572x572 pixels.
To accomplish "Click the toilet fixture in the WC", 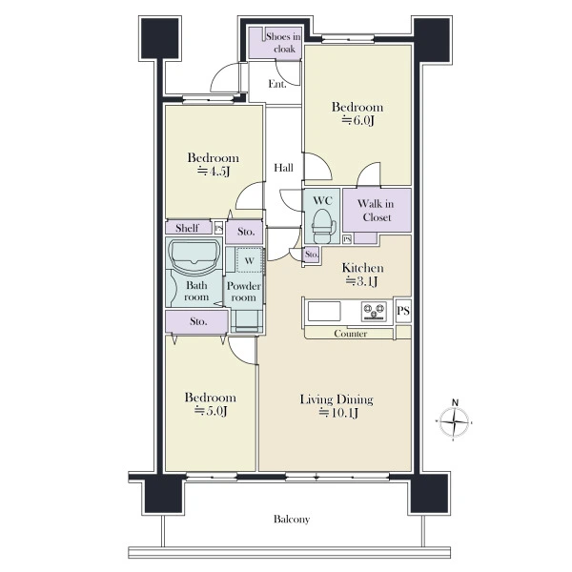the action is click(x=322, y=227).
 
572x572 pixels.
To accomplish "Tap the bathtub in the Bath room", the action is click(x=194, y=256).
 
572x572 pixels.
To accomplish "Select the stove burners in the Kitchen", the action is click(x=374, y=312).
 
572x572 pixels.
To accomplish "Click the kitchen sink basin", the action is click(x=324, y=311).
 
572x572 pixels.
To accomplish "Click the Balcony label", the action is click(x=292, y=520).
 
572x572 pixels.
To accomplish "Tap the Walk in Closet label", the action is click(x=376, y=211).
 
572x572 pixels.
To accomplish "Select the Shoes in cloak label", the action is click(x=283, y=42).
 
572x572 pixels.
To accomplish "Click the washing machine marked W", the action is click(x=249, y=260).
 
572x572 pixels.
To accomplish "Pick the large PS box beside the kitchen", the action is click(x=403, y=311).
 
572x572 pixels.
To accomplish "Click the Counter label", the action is click(x=350, y=334).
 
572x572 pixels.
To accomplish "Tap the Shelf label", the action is click(x=187, y=228).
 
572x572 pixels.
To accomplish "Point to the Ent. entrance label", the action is click(x=277, y=84).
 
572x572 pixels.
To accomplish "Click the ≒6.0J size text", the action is click(x=357, y=120).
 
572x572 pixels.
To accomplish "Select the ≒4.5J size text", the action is click(x=214, y=171).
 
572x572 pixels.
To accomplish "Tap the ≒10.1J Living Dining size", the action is click(x=338, y=413).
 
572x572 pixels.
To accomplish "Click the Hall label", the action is click(x=283, y=168).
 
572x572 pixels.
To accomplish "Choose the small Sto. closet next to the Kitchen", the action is click(x=311, y=255).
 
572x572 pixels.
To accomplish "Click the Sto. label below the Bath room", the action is click(x=198, y=321).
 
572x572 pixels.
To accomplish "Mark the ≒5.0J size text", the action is click(x=211, y=411).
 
